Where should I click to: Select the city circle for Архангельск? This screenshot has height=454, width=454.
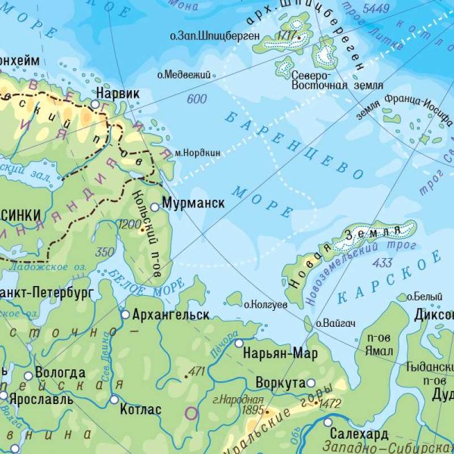[x=126, y=314]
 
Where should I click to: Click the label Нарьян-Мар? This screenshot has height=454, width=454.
[x=281, y=353]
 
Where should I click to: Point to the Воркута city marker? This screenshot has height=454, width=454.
[x=310, y=383]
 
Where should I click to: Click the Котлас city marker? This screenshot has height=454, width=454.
[x=114, y=400]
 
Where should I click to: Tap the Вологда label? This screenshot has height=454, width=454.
[x=61, y=373]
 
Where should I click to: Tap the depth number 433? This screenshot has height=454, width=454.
[x=382, y=263]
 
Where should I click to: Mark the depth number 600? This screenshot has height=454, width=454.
[x=196, y=99]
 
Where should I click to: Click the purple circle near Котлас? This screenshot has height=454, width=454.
[x=191, y=413]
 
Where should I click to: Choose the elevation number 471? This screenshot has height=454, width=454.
[x=196, y=372]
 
